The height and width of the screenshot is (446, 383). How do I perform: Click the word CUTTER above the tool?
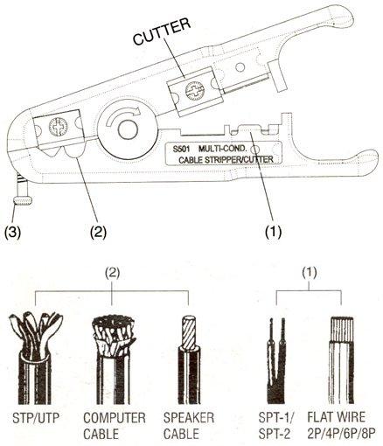click(162, 31)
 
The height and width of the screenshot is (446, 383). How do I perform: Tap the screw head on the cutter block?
click(194, 91)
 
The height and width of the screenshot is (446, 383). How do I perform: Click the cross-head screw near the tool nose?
click(58, 127)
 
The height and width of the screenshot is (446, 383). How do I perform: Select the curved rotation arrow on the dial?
click(123, 115)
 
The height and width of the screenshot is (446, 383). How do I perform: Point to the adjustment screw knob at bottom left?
click(23, 201)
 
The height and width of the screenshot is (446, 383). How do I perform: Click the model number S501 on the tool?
click(181, 149)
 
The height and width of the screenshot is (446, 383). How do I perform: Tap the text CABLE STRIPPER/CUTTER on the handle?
click(226, 160)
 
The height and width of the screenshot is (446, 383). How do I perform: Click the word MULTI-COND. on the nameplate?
click(223, 149)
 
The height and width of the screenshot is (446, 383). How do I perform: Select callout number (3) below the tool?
click(12, 233)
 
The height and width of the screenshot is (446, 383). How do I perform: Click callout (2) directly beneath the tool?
click(98, 233)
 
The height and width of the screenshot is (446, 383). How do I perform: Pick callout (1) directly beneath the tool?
click(273, 233)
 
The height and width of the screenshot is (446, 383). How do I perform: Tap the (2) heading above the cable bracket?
click(112, 273)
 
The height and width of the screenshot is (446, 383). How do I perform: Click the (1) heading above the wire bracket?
click(310, 273)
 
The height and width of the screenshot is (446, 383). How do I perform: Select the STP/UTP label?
click(36, 418)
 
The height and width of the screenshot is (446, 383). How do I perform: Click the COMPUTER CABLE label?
click(115, 426)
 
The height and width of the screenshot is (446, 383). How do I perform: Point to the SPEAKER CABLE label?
click(189, 426)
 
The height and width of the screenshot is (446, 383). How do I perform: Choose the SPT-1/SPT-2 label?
click(276, 426)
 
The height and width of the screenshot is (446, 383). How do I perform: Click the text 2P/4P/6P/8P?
click(341, 434)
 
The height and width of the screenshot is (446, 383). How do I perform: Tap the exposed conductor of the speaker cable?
click(189, 332)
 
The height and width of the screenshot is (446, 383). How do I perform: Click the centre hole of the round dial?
click(128, 130)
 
